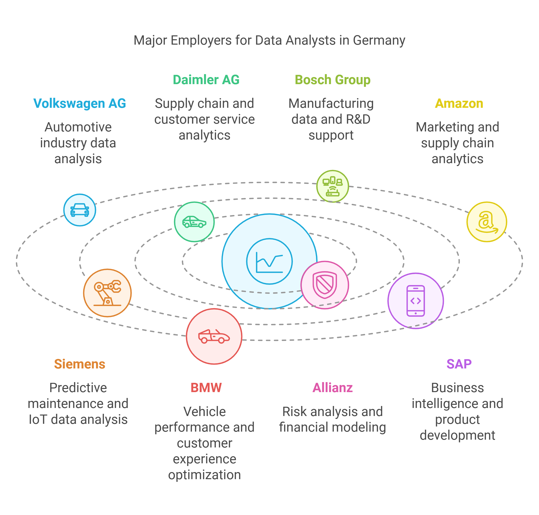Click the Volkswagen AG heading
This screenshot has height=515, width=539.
[80, 103]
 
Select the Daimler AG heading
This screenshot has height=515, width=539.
[206, 80]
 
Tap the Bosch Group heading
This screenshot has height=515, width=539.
[332, 80]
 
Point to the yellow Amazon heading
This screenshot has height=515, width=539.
[459, 103]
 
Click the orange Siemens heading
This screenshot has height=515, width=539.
[80, 364]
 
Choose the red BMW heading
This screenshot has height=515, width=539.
[206, 388]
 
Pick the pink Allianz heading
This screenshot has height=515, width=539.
[332, 388]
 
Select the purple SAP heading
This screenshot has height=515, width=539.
[459, 364]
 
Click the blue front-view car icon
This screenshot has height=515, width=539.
[80, 210]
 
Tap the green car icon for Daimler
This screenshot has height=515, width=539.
[194, 222]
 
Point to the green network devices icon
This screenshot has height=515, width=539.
[332, 186]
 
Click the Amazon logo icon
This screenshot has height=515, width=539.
[487, 222]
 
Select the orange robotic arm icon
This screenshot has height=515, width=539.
[107, 293]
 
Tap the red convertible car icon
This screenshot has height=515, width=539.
[214, 336]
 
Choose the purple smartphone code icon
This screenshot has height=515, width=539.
[416, 301]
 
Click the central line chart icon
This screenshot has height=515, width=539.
[269, 262]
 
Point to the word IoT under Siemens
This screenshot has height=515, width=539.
[38, 419]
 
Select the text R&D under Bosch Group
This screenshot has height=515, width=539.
[358, 119]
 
